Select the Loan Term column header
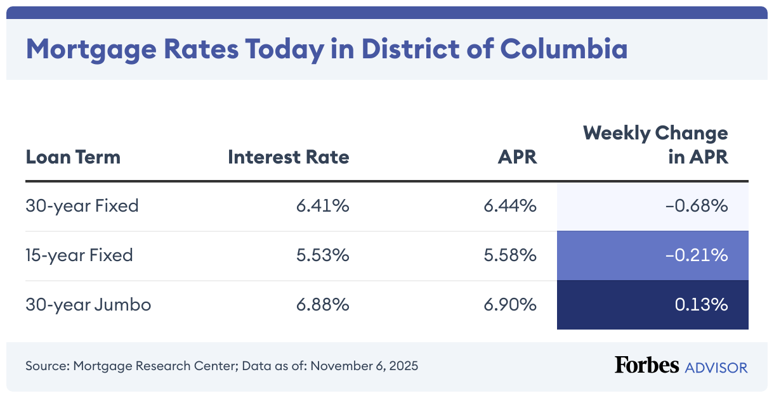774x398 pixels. click(73, 157)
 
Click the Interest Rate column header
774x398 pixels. click(288, 157)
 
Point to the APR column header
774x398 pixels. click(517, 157)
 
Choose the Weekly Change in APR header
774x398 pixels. click(655, 144)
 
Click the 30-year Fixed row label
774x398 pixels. click(82, 206)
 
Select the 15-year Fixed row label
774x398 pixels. click(79, 255)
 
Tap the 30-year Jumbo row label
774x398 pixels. click(88, 305)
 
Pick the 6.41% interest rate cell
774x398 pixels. click(322, 206)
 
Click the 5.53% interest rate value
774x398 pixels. click(322, 255)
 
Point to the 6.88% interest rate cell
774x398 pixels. click(322, 305)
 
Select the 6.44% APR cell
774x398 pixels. click(510, 206)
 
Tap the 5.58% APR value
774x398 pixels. click(510, 255)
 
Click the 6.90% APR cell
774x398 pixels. click(510, 305)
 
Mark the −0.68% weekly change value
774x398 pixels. click(696, 206)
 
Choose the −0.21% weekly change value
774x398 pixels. click(697, 255)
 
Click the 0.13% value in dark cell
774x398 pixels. click(701, 305)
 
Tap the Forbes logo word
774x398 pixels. click(646, 366)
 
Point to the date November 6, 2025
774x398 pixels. click(364, 366)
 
